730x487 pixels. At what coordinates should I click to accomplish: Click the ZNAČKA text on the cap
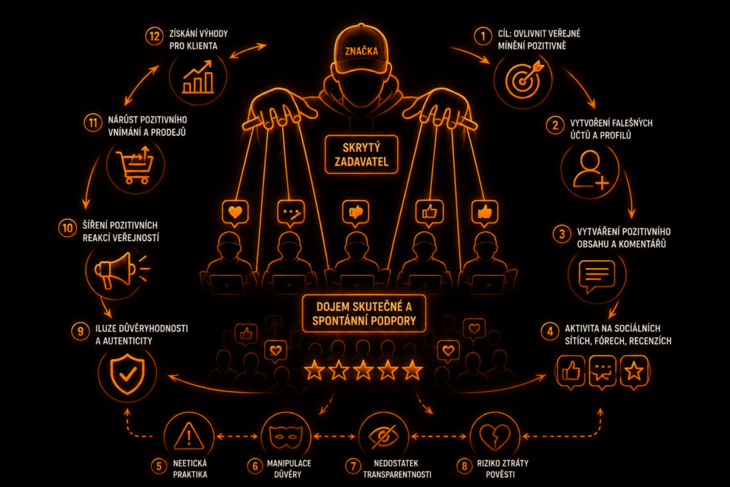[361, 51]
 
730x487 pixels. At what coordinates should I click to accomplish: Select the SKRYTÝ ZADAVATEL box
[361, 155]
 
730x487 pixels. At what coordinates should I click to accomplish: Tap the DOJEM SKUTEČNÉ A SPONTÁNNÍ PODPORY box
[364, 313]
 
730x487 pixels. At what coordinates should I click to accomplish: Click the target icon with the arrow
[523, 80]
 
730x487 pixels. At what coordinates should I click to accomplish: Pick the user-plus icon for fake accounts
[590, 170]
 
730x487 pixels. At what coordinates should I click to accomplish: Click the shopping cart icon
[135, 165]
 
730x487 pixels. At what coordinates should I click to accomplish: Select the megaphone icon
[120, 270]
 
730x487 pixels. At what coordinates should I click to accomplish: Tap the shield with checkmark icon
[127, 374]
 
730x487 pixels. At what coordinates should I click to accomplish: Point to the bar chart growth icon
[198, 77]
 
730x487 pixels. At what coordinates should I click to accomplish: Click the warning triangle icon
[189, 436]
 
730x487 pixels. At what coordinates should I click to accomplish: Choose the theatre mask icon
[286, 436]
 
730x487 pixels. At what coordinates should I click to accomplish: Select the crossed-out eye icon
[384, 436]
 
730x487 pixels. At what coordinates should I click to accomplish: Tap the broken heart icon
[495, 436]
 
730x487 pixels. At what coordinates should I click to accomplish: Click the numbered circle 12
[154, 36]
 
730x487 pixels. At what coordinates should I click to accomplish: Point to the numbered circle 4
[550, 332]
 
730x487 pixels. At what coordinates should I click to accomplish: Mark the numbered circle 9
[80, 332]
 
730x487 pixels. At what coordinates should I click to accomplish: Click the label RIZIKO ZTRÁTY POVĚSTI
[503, 469]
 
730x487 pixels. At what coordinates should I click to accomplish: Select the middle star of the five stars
[363, 371]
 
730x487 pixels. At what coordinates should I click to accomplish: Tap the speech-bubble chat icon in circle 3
[597, 276]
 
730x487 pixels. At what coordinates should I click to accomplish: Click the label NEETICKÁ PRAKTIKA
[190, 469]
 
